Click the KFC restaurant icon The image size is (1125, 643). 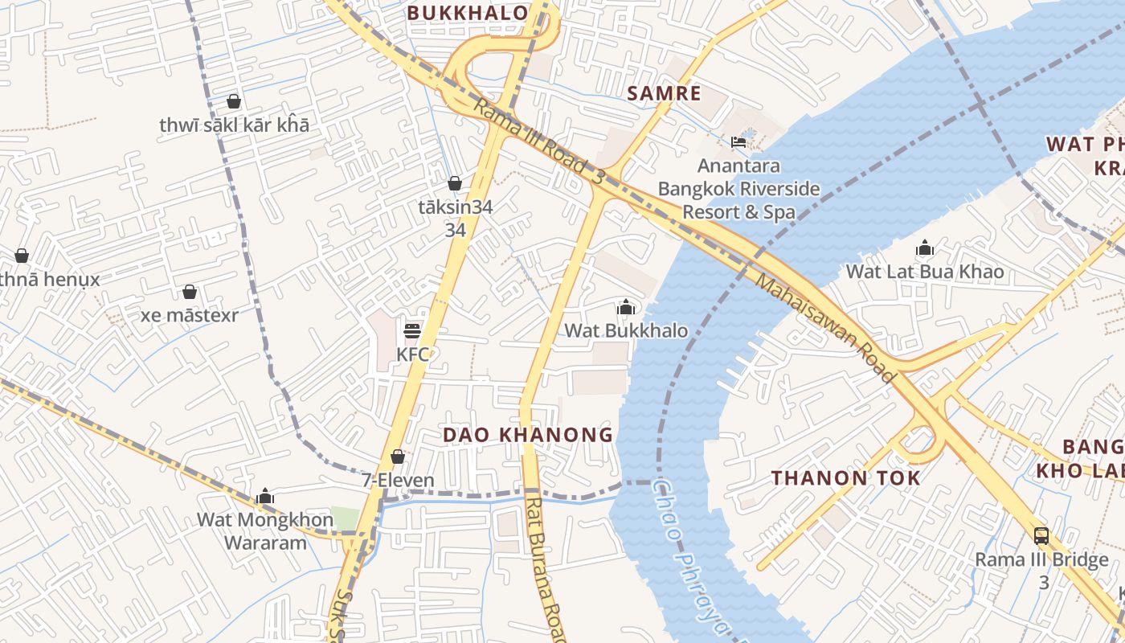coord(412,330)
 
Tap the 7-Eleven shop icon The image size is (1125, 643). coord(398,457)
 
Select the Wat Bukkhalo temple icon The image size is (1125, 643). coord(626,307)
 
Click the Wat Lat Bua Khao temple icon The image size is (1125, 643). coord(925,248)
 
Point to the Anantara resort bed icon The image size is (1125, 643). coord(738,142)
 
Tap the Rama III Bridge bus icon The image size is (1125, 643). coord(1041,535)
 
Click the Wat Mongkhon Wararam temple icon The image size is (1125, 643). coord(265,496)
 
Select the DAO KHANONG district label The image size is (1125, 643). coord(528,435)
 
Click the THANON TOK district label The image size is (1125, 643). coord(846,477)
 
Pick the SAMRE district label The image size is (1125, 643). coord(664,93)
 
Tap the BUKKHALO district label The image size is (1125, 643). coord(467,13)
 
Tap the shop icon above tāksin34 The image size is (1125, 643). coord(455,183)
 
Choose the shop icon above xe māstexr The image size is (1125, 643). coord(190,291)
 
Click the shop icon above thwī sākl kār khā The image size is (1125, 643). coord(234,101)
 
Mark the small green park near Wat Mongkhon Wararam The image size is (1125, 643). coord(345,518)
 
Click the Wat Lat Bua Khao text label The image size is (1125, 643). coord(925,272)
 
